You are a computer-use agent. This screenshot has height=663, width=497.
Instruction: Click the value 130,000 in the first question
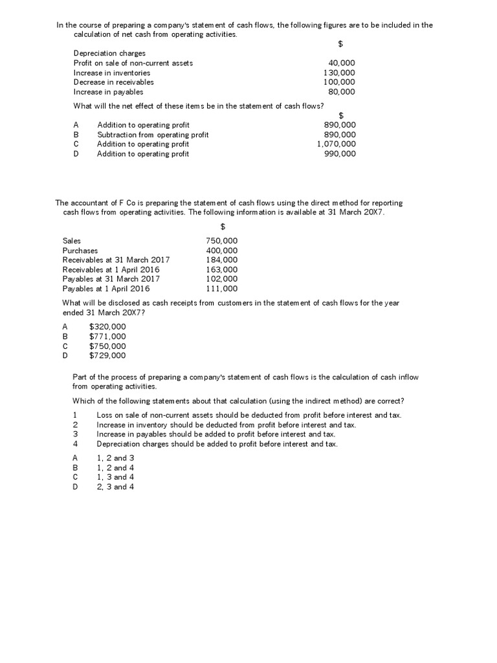[x=339, y=73]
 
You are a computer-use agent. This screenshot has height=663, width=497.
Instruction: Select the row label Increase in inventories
[x=111, y=73]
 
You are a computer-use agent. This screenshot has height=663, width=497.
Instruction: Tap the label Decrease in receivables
[x=113, y=82]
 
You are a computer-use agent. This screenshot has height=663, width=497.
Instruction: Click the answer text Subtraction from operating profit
[x=153, y=135]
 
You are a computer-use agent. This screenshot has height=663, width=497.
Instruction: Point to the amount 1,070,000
[x=336, y=144]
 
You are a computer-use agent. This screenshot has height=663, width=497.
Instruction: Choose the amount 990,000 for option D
[x=339, y=153]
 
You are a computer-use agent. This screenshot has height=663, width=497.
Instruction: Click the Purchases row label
[x=80, y=251]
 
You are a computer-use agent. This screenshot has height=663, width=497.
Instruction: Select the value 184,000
[x=221, y=260]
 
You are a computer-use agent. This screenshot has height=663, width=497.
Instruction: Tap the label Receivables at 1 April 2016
[x=111, y=269]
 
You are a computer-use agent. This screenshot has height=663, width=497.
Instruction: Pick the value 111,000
[x=221, y=289]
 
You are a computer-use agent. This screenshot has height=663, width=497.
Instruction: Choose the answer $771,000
[x=107, y=336]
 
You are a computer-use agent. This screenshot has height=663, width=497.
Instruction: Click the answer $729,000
[x=107, y=355]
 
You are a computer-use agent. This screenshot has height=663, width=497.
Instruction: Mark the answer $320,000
[x=107, y=327]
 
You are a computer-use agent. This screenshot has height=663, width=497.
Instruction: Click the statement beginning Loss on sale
[x=248, y=414]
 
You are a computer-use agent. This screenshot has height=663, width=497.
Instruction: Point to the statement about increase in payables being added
[x=215, y=434]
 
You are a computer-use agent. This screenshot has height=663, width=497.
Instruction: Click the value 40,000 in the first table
[x=342, y=63]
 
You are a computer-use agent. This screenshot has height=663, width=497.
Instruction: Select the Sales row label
[x=72, y=241]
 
